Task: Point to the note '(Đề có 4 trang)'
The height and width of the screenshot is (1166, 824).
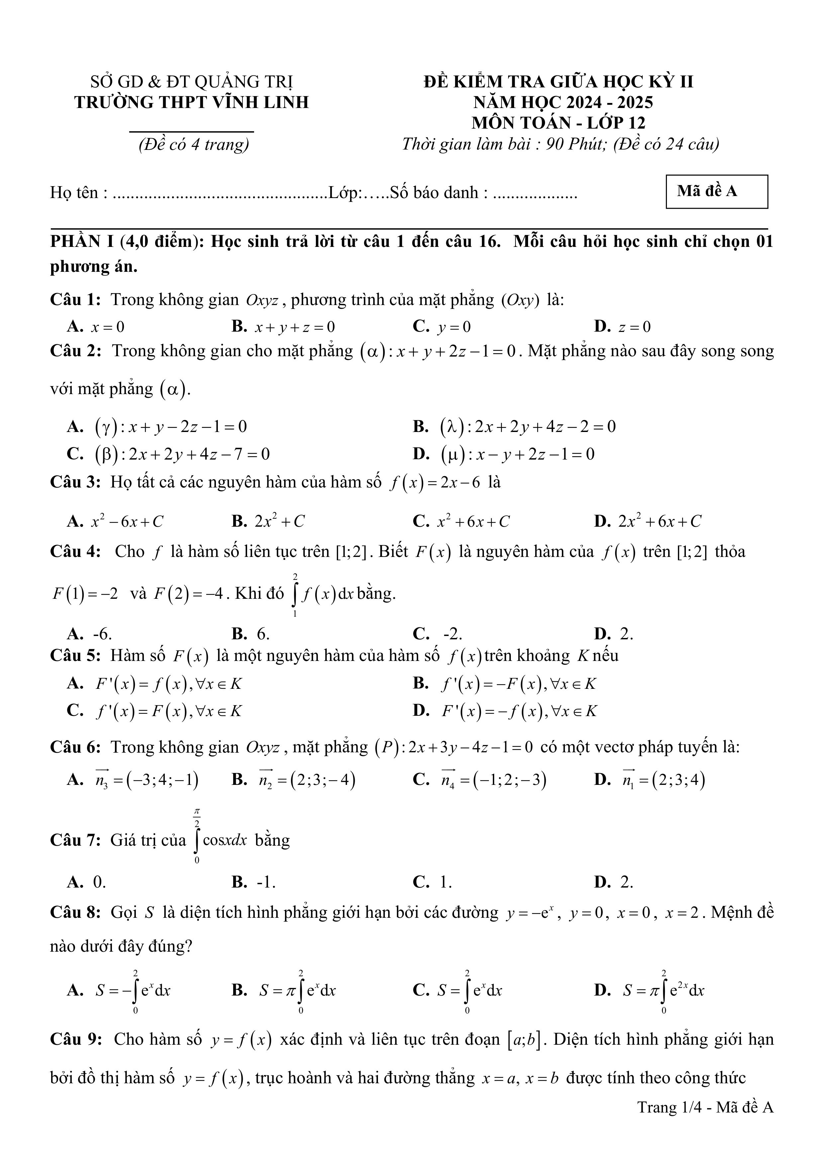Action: point(194,145)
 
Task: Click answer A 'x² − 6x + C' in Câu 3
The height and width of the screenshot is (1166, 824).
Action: point(127,521)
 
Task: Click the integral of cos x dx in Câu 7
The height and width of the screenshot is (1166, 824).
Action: point(221,840)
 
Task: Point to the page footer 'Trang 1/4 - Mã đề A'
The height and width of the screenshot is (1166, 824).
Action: point(705,1107)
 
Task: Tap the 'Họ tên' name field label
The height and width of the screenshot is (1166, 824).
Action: point(79,193)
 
